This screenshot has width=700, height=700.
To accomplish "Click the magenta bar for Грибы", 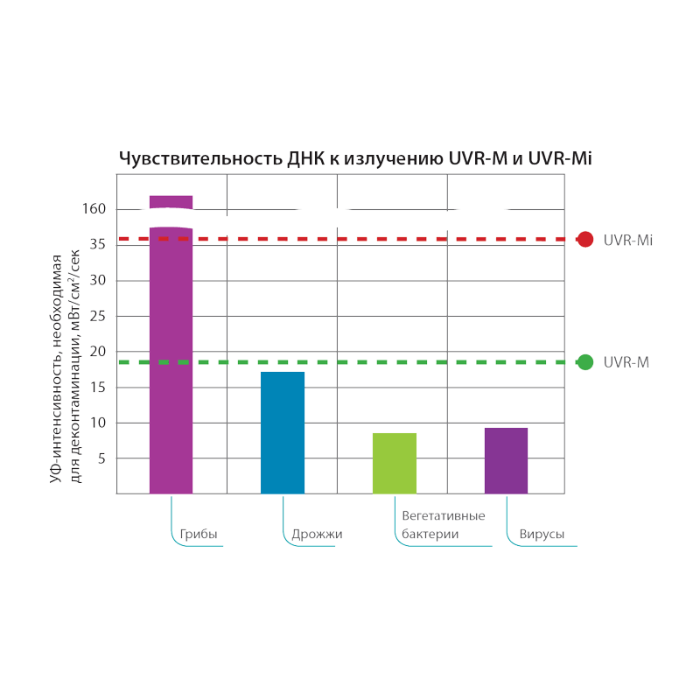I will tap(171, 359).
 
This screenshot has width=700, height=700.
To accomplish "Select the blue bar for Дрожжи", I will tap(283, 433).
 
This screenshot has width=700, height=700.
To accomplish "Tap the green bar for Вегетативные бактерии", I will tap(394, 463).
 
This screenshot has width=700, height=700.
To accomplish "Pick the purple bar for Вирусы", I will tap(506, 460).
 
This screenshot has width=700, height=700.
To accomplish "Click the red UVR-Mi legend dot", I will tap(585, 239).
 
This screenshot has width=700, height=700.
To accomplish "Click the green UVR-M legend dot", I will tap(585, 362).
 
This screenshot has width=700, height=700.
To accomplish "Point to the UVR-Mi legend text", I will tap(627, 240).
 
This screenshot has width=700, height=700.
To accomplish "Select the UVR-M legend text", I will tap(626, 362).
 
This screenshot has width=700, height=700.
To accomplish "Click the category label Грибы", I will tap(199, 534).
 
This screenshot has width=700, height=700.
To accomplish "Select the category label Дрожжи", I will tap(317, 534).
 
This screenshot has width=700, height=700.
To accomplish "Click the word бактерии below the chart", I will tap(430, 534).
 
